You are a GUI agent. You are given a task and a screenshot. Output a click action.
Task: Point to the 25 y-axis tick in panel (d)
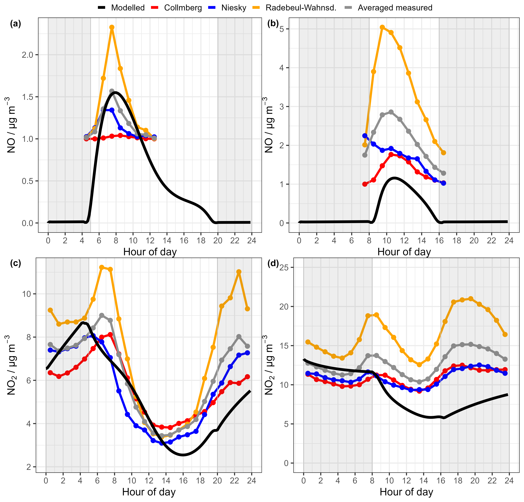[284, 267]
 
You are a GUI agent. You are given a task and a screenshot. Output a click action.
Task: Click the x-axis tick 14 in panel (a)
[167, 241]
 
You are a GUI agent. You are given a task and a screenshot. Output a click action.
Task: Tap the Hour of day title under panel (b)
[404, 252]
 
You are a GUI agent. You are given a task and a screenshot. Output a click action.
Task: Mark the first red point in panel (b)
[365, 184]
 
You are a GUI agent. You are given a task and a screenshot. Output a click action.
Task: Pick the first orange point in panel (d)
[308, 342]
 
